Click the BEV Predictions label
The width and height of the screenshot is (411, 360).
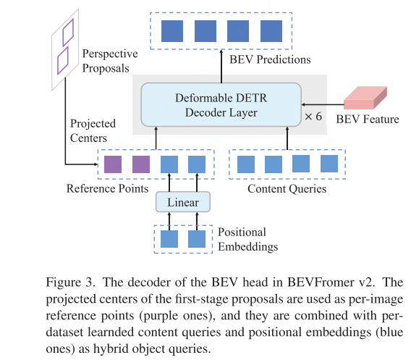point(269,59)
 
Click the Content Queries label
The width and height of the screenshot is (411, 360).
point(287,189)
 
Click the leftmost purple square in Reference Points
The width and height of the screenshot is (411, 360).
point(113,164)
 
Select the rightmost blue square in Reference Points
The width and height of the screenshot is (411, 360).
point(197,164)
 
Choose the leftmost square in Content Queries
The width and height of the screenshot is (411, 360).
point(246,164)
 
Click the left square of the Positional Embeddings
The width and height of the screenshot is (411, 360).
point(169,239)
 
